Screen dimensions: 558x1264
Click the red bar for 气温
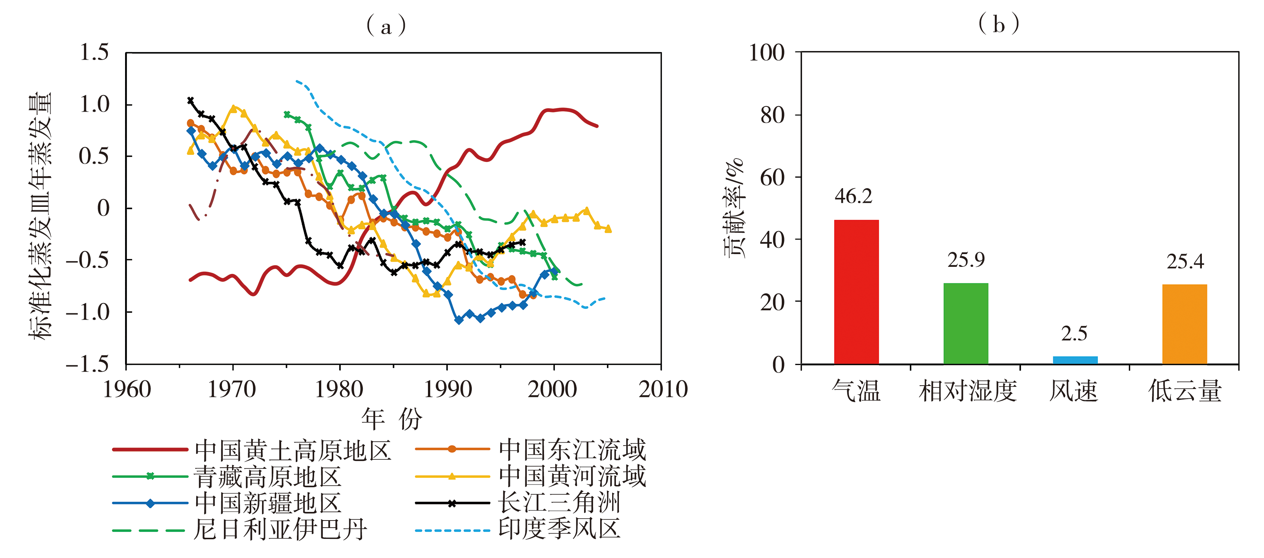pyautogui.click(x=856, y=292)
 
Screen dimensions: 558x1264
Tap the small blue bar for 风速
pyautogui.click(x=1075, y=360)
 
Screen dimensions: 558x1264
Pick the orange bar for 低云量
pyautogui.click(x=1185, y=324)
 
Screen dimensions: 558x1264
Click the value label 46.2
pyautogui.click(x=853, y=196)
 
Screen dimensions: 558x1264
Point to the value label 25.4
pyautogui.click(x=1185, y=262)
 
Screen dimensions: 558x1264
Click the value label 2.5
pyautogui.click(x=1074, y=334)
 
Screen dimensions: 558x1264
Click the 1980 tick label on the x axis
pyautogui.click(x=339, y=389)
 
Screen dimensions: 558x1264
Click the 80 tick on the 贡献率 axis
pyautogui.click(x=772, y=115)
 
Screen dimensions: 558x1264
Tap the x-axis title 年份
pyautogui.click(x=392, y=419)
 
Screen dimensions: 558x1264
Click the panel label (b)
pyautogui.click(x=999, y=24)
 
